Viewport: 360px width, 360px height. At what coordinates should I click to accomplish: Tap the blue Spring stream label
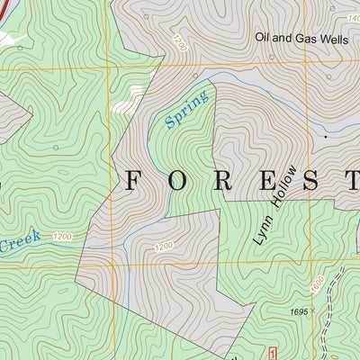tap(187, 110)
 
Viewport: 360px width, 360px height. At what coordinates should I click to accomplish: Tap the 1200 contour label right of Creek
tap(62, 237)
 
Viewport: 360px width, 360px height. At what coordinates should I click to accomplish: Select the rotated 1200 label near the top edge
tap(181, 42)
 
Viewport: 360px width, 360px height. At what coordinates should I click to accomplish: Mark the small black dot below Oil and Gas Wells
tap(325, 137)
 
